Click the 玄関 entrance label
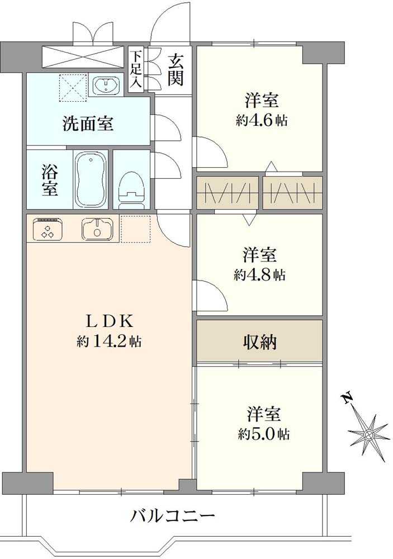(175, 69)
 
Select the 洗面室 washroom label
(88, 124)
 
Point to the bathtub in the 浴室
(91, 179)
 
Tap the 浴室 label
(49, 180)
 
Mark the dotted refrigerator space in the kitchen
(135, 229)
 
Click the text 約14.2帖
(109, 342)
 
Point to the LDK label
(109, 321)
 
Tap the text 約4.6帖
(262, 121)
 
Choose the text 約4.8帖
(260, 274)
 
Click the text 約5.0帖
(263, 434)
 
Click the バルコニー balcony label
(173, 515)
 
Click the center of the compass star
(368, 434)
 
